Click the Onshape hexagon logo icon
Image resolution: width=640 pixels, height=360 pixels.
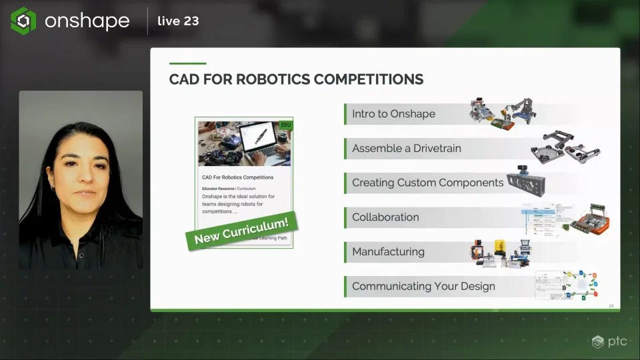click(23, 21)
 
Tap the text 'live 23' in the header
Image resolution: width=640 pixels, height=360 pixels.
click(178, 21)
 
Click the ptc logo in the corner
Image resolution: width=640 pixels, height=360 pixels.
click(609, 341)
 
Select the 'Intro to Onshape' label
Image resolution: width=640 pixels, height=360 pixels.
click(393, 114)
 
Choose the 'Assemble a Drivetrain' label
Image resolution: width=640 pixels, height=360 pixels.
click(406, 148)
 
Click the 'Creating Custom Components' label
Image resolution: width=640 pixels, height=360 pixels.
click(427, 183)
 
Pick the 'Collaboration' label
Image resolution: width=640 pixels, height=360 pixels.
click(385, 217)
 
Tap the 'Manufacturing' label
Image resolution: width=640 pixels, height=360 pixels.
click(388, 252)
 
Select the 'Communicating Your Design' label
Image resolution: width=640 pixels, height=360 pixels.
click(423, 287)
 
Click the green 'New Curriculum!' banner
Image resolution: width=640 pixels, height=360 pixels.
click(241, 229)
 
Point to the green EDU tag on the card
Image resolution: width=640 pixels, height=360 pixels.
click(286, 125)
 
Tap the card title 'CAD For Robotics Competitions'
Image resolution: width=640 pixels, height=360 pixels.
click(237, 177)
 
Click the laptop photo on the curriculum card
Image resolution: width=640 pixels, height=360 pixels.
click(244, 143)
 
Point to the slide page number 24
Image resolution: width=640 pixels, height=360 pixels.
click(611, 306)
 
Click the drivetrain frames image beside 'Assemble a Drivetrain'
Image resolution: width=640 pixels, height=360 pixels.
click(561, 147)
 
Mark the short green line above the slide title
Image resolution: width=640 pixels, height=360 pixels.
click(187, 63)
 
